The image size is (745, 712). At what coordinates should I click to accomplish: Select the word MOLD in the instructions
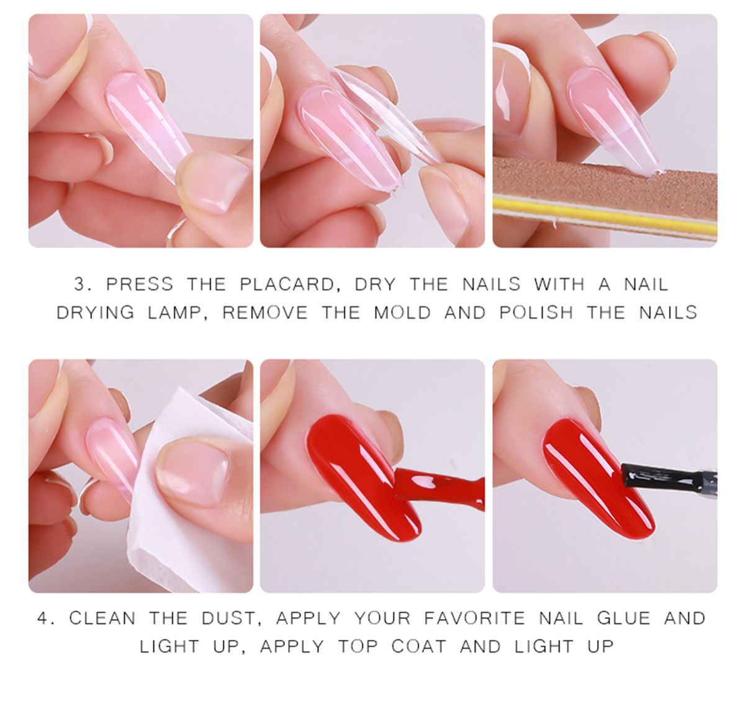coord(402,312)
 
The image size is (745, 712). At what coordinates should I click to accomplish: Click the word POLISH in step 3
coord(536,312)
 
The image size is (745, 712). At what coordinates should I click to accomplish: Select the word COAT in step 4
coord(418,646)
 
